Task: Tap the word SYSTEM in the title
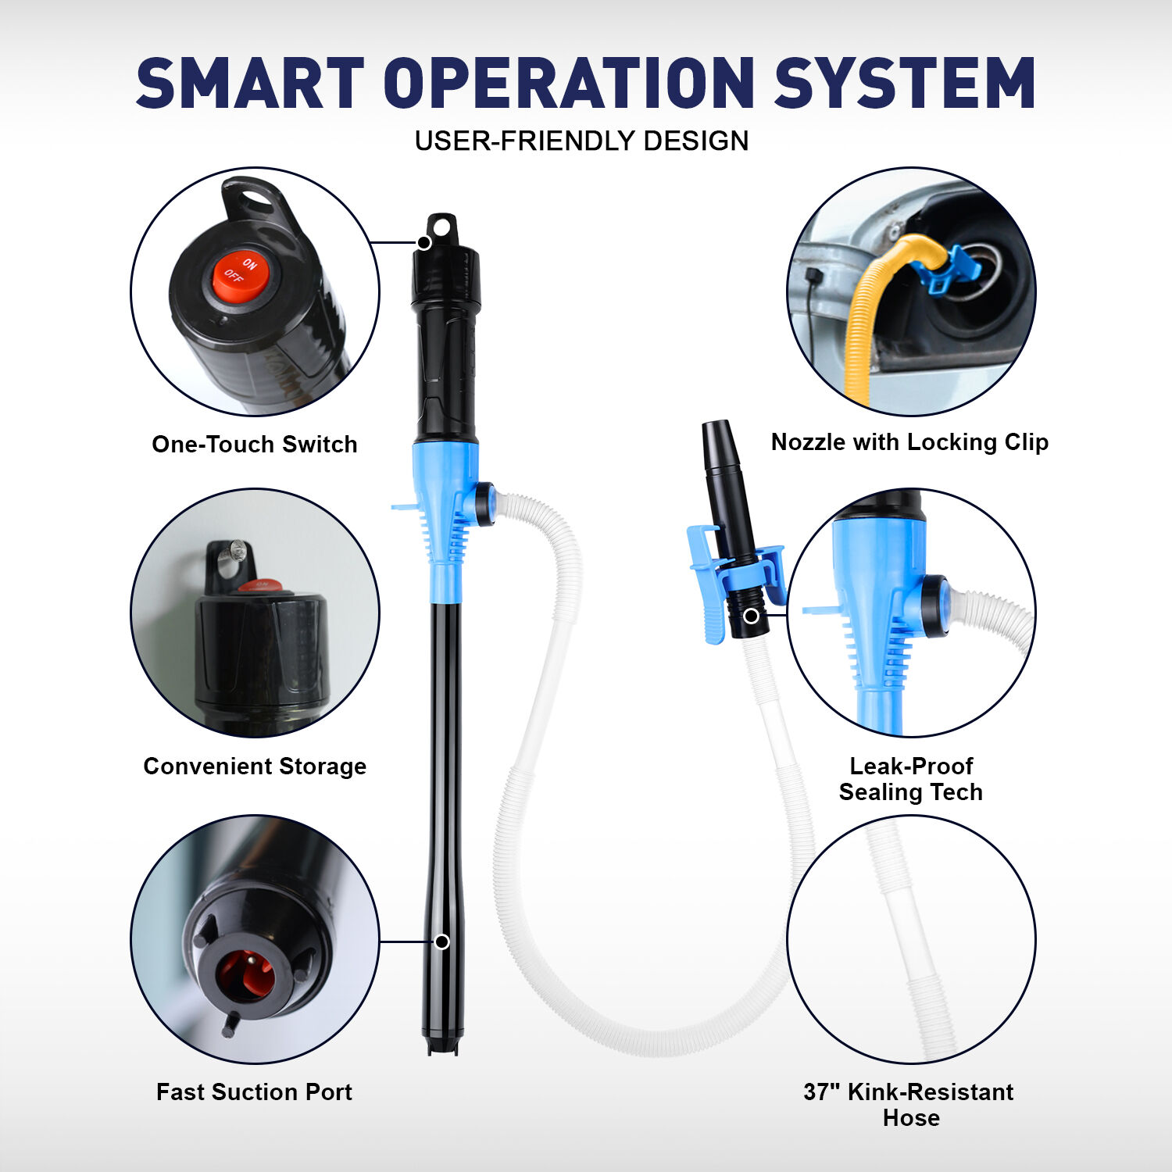click(x=905, y=83)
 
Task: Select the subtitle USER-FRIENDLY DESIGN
click(x=581, y=141)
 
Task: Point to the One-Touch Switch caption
click(x=255, y=444)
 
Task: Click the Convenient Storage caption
click(x=255, y=766)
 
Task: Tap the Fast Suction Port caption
click(x=255, y=1092)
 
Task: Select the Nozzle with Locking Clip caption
click(x=909, y=442)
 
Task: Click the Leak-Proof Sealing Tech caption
click(x=911, y=779)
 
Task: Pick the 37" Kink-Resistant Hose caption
click(x=909, y=1104)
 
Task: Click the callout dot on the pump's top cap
click(x=424, y=243)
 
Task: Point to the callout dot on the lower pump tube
click(x=442, y=942)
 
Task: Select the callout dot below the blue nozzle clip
click(x=752, y=616)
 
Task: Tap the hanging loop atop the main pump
click(x=442, y=227)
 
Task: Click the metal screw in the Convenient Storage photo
click(x=236, y=554)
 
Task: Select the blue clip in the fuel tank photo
click(x=947, y=270)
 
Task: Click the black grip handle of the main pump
click(x=445, y=375)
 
